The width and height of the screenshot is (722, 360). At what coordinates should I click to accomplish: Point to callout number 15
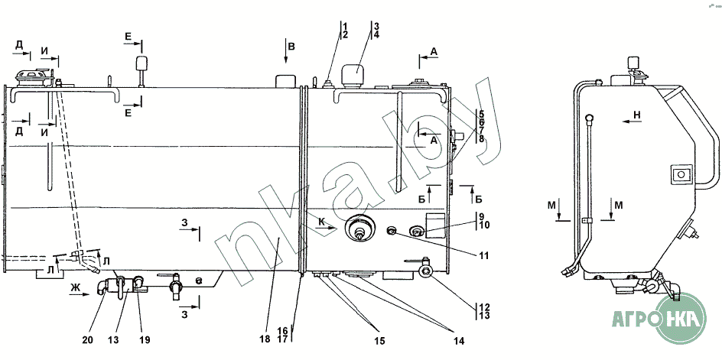[x=380, y=341]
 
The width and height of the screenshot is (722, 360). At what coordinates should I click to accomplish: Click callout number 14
[x=459, y=341]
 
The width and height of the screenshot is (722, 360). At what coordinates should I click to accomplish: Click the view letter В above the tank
[x=291, y=46]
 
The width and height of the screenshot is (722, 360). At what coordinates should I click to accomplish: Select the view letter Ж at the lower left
[x=76, y=287]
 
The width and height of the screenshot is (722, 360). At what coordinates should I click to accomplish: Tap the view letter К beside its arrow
[x=322, y=222]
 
